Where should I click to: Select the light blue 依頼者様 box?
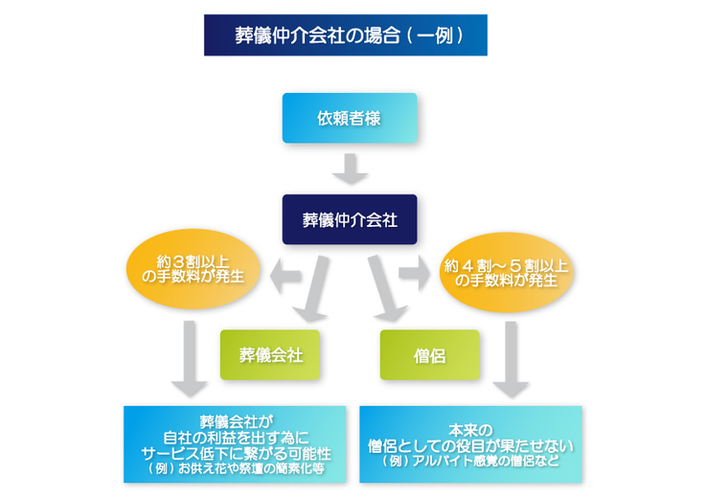[349, 118]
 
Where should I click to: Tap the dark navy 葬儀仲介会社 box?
[349, 219]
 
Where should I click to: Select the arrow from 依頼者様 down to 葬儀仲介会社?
[350, 169]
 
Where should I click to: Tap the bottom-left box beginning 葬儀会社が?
[235, 444]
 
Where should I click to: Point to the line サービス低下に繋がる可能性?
[236, 454]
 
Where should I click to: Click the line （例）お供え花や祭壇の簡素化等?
[236, 470]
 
